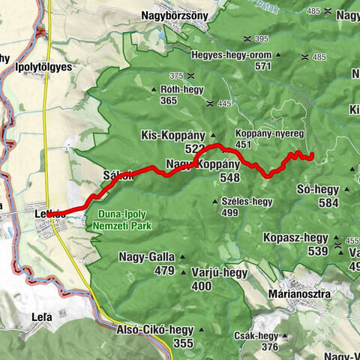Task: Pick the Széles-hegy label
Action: pos(246,201)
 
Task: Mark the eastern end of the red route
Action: pos(310,157)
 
